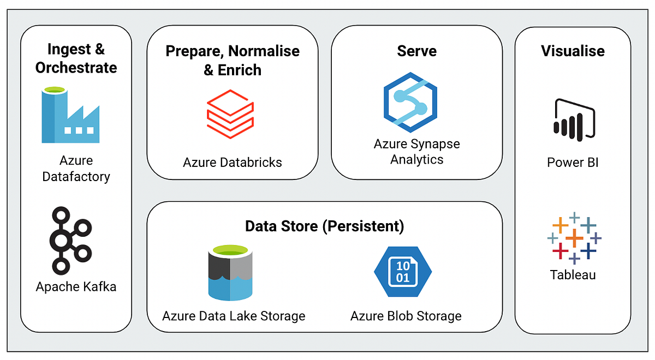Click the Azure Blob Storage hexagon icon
pyautogui.click(x=402, y=271)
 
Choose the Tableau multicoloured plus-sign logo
pyautogui.click(x=573, y=238)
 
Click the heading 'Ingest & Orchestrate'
pyautogui.click(x=76, y=58)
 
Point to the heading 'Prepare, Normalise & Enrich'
pyautogui.click(x=233, y=61)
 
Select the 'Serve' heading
pyautogui.click(x=416, y=51)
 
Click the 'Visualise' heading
pyautogui.click(x=573, y=51)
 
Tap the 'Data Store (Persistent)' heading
pyautogui.click(x=324, y=226)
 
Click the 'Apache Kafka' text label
pyautogui.click(x=76, y=287)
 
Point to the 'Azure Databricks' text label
pyautogui.click(x=233, y=162)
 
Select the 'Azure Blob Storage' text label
pyautogui.click(x=406, y=316)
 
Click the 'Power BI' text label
pyautogui.click(x=573, y=163)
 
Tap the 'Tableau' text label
pyautogui.click(x=573, y=274)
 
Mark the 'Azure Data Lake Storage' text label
pyautogui.click(x=234, y=316)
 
